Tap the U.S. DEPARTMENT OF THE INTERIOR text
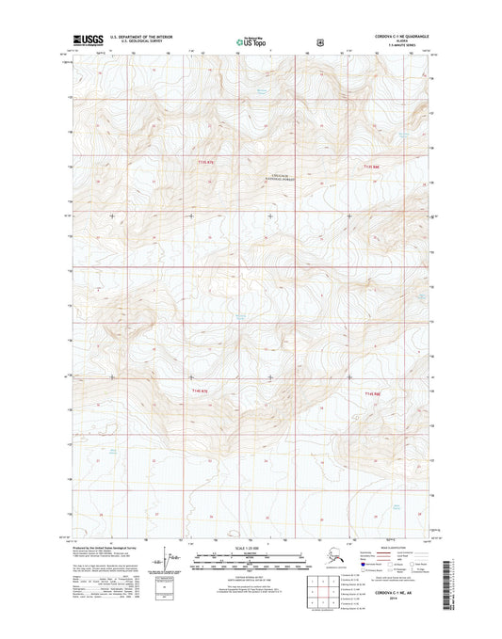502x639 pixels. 150,37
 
